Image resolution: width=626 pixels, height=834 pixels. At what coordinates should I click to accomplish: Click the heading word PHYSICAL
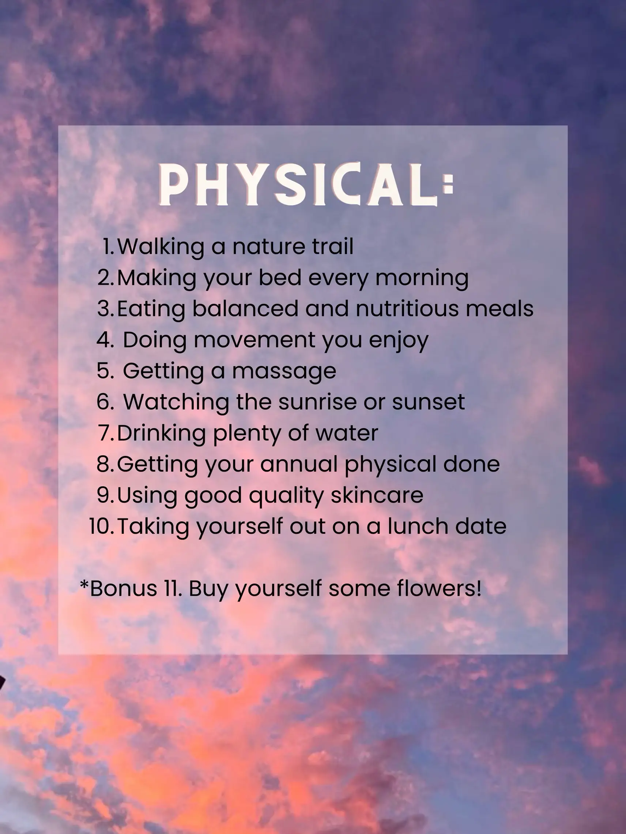pos(298,185)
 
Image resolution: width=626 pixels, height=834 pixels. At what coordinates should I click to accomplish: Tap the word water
pos(347,433)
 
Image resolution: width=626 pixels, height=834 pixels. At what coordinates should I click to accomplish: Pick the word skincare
pos(377,495)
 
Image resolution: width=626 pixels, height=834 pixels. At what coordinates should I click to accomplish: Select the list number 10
pos(101,526)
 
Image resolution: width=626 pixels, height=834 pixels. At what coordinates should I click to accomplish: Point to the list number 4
pos(105,340)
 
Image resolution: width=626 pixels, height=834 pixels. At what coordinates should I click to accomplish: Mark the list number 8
pos(105,464)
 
